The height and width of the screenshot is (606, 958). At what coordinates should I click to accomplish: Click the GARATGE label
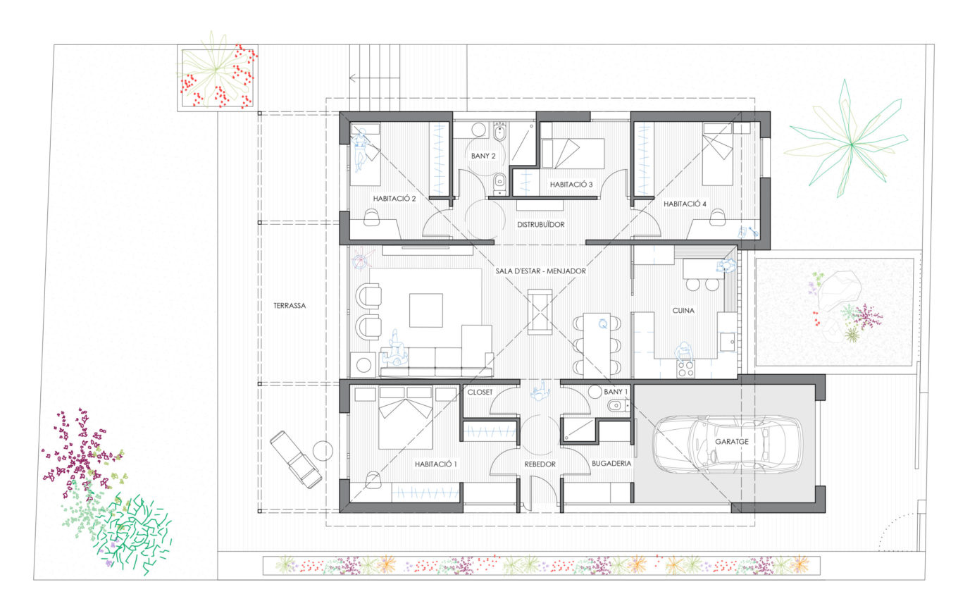pyautogui.click(x=732, y=441)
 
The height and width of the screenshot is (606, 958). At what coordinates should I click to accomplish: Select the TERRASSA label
pyautogui.click(x=290, y=306)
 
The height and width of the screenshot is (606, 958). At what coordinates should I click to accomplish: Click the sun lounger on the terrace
pyautogui.click(x=296, y=459)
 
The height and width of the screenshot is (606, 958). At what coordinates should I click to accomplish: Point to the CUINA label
pyautogui.click(x=683, y=310)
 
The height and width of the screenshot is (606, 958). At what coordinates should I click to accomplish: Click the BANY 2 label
pyautogui.click(x=483, y=156)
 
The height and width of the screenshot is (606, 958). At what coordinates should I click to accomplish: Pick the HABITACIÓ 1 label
pyautogui.click(x=436, y=464)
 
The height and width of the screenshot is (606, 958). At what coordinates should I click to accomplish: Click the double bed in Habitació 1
pyautogui.click(x=405, y=418)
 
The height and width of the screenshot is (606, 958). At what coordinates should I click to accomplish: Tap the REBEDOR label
pyautogui.click(x=540, y=464)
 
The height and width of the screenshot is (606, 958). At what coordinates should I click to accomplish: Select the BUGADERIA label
pyautogui.click(x=611, y=463)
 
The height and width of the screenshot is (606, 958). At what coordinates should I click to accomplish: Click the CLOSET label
pyautogui.click(x=480, y=392)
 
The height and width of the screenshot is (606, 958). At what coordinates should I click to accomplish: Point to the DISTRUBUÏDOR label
pyautogui.click(x=540, y=224)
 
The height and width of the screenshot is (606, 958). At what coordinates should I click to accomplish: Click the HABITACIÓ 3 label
pyautogui.click(x=571, y=185)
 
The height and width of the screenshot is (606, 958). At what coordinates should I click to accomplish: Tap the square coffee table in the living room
pyautogui.click(x=426, y=310)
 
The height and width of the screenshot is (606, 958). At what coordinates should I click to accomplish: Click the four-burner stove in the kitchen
pyautogui.click(x=685, y=369)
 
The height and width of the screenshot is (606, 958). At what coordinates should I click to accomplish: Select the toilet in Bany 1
pyautogui.click(x=616, y=404)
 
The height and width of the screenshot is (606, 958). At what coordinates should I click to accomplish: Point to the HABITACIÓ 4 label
pyautogui.click(x=685, y=204)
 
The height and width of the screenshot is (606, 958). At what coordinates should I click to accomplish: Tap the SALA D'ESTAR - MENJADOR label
pyautogui.click(x=540, y=271)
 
